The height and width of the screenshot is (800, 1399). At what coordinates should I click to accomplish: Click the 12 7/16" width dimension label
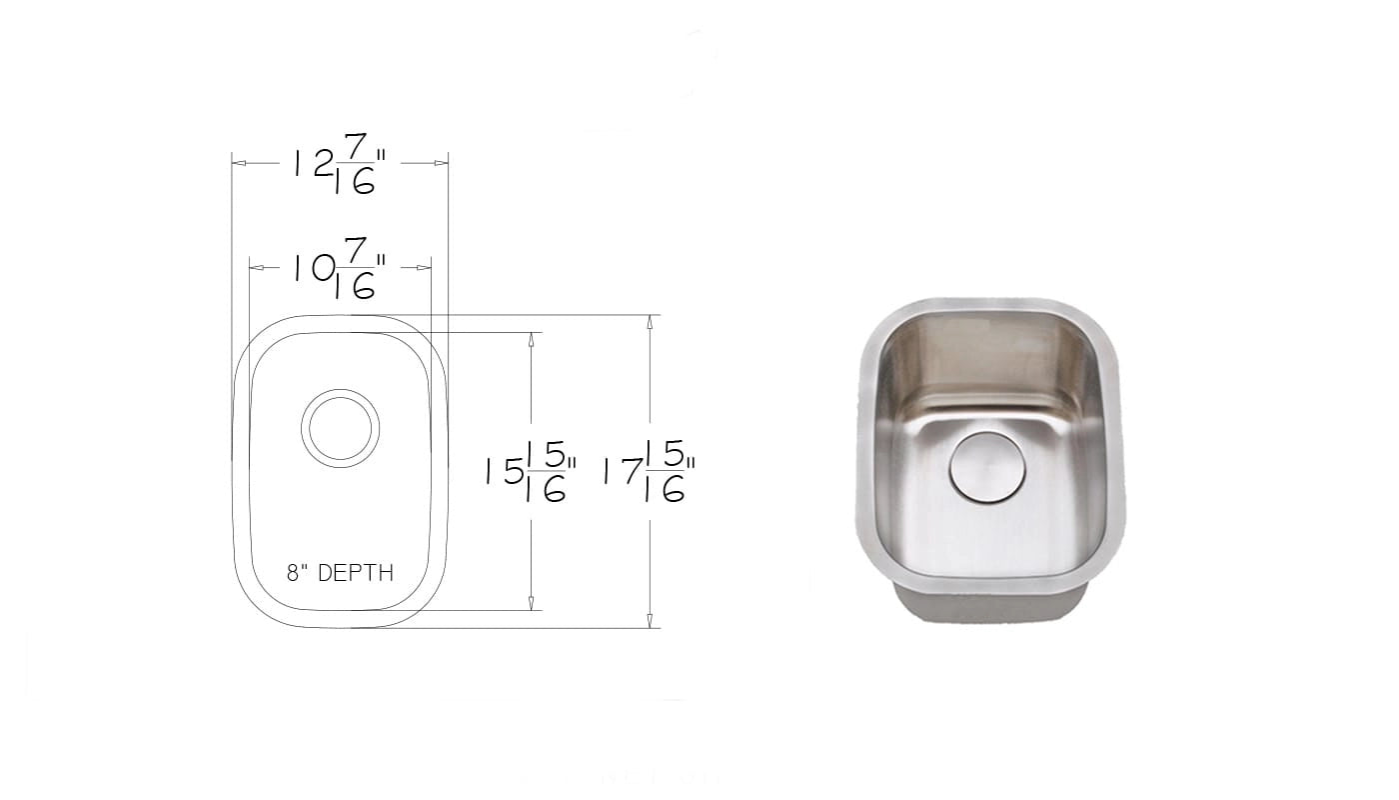[340, 164]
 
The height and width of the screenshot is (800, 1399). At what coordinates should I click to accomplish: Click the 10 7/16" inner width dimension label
[340, 268]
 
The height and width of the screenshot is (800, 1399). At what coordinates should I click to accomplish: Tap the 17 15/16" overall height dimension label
[650, 472]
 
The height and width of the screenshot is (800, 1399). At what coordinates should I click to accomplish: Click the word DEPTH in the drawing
[356, 572]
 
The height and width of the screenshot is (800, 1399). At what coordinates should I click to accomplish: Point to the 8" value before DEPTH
[298, 572]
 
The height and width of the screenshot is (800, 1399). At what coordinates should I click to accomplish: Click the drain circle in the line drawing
[341, 428]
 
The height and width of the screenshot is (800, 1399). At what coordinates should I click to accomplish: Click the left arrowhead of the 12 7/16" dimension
[239, 163]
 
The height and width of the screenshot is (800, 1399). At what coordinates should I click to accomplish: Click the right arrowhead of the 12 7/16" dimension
[441, 163]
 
